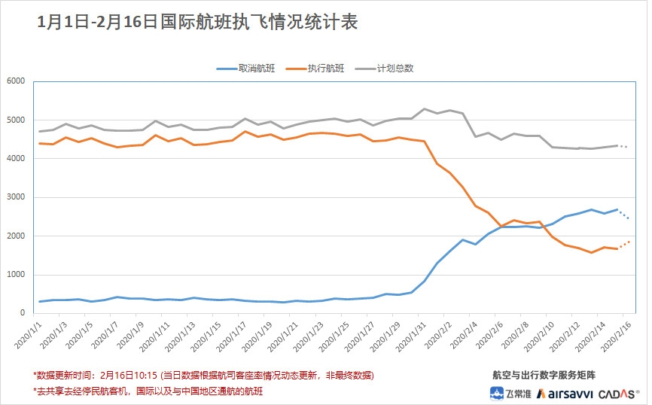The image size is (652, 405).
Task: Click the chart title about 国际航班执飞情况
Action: point(197,23)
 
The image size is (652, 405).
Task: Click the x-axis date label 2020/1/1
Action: point(30,336)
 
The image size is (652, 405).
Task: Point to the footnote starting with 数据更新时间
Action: point(203,375)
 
